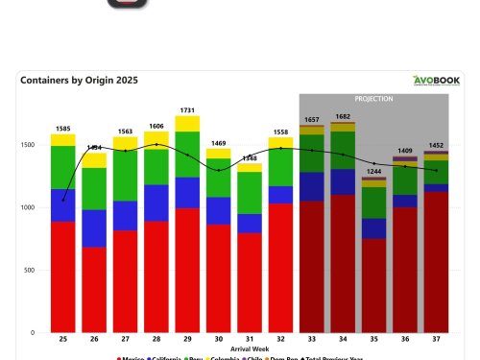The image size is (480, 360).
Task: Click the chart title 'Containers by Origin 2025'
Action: coord(79,81)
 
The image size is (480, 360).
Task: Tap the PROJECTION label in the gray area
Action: coord(373,99)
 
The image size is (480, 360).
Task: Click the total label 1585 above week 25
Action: coord(63,128)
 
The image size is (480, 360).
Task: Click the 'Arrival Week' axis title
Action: coord(249,349)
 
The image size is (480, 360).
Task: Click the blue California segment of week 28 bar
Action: coord(156,203)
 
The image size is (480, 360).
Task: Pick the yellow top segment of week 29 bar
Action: coord(188,124)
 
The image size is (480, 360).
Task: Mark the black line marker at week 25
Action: coord(63,200)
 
